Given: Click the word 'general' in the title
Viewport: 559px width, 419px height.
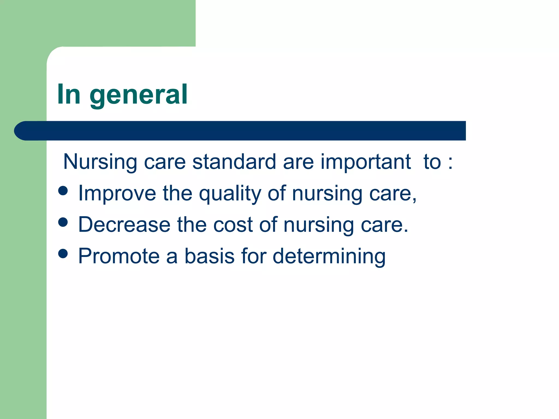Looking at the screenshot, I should tap(138, 95).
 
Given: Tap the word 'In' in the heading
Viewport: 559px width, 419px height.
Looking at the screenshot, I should tap(69, 94).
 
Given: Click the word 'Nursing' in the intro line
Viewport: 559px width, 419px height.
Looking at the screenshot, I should tap(100, 162).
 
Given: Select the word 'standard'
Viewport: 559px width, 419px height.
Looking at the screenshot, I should tap(234, 161).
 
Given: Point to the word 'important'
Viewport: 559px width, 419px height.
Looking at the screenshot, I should tap(365, 161).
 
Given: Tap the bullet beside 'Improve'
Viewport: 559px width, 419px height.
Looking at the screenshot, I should tap(63, 191).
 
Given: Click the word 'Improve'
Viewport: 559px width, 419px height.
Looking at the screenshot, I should tap(117, 193).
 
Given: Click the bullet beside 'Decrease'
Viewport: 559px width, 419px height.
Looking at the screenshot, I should tap(63, 222).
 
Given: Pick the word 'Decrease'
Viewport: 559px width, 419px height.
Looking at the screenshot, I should tap(124, 225).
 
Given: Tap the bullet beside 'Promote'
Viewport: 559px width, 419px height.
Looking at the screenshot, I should tap(63, 253).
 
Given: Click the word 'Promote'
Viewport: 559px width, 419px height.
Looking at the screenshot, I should tap(119, 256).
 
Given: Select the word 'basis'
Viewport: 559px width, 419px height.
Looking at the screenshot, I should tap(209, 256).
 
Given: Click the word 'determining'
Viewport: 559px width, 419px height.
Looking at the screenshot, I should tap(329, 256).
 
